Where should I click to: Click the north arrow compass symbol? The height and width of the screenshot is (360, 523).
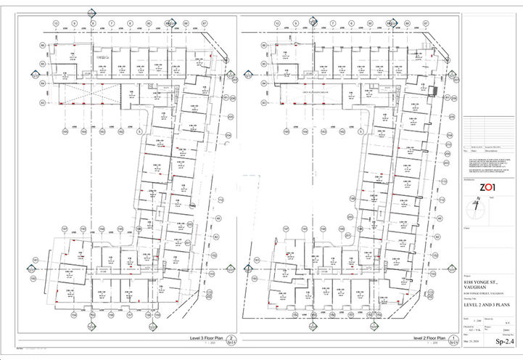pos(475,207)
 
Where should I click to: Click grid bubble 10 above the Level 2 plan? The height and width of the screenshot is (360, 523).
pos(277,23)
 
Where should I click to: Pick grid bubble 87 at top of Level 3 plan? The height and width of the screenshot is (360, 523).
pos(205,23)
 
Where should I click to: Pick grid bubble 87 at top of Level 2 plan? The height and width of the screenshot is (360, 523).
pos(428,23)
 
